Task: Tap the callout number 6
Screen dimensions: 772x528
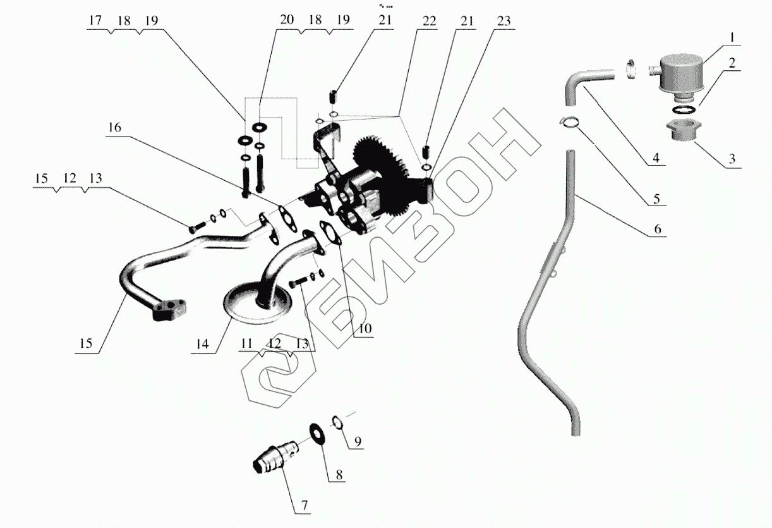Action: (658, 229)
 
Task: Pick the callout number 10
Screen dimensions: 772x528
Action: (366, 329)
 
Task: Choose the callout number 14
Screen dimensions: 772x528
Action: (202, 344)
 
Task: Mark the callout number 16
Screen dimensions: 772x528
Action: (114, 127)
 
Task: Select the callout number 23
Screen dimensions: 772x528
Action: (504, 20)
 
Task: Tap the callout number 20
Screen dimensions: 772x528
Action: (287, 20)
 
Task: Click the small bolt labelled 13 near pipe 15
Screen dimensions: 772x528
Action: (195, 224)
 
